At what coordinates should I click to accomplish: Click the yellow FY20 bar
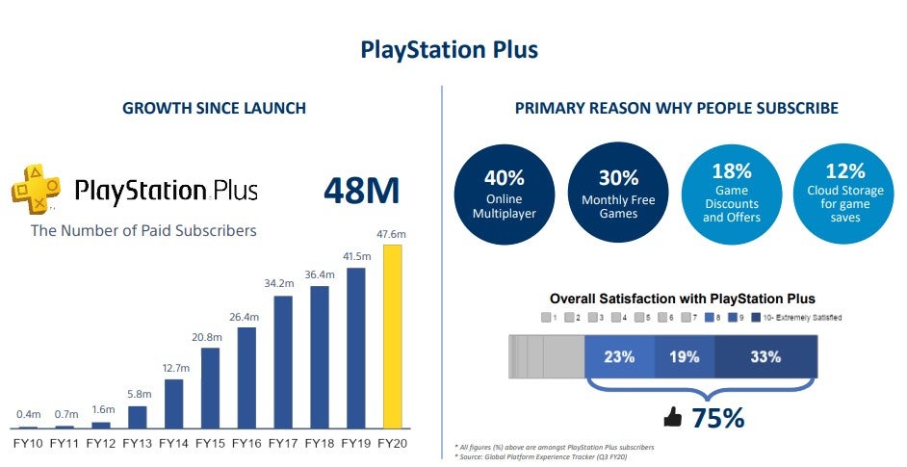(393, 337)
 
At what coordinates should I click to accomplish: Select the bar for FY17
(283, 362)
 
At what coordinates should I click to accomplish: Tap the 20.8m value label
(210, 337)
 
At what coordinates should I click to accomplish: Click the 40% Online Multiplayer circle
(505, 194)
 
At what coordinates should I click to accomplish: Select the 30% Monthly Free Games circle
(618, 194)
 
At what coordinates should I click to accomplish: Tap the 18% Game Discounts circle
(732, 192)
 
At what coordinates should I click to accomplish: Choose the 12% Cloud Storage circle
(845, 192)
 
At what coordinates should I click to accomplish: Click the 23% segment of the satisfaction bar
(619, 356)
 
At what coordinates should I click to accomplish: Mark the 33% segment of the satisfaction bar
(766, 356)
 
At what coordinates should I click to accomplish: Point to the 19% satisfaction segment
(685, 356)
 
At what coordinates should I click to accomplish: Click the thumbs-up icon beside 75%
(673, 418)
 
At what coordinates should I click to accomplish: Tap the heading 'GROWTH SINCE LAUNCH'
(214, 108)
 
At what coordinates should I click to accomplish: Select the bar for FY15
(210, 388)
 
